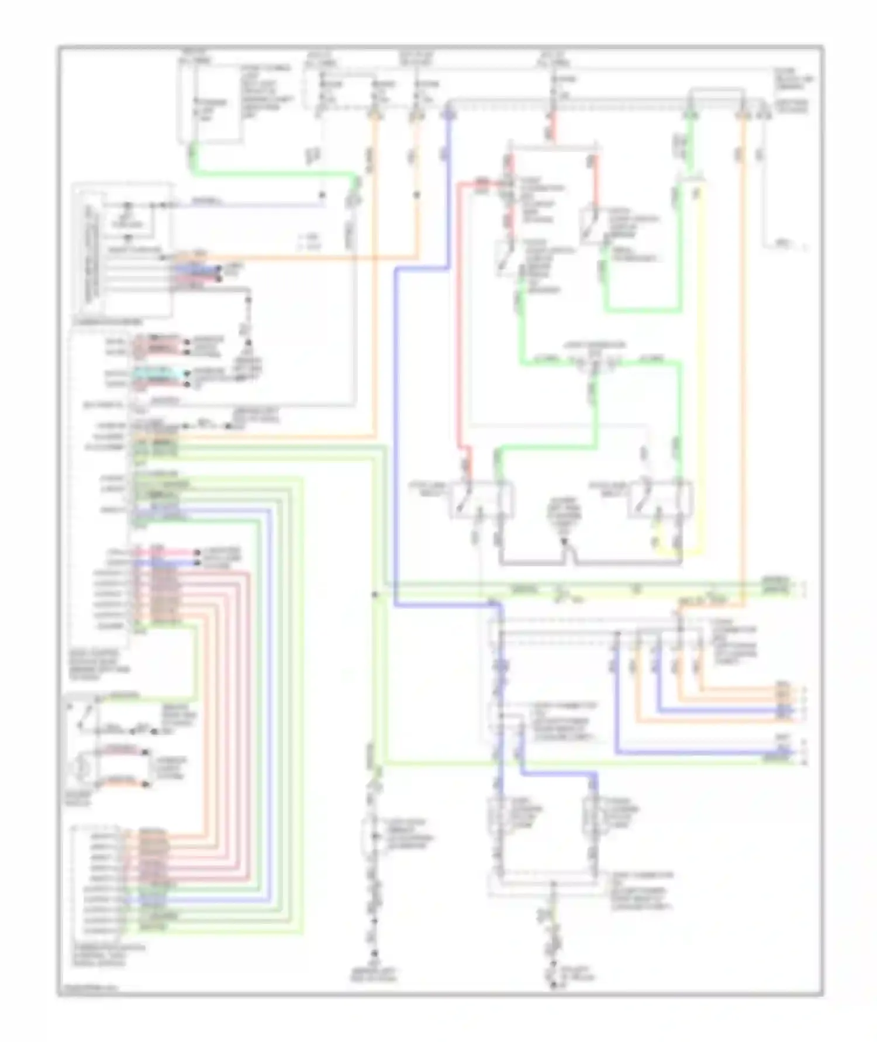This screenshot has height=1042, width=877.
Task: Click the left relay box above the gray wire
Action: click(482, 499)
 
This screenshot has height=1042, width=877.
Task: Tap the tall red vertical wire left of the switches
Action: click(459, 322)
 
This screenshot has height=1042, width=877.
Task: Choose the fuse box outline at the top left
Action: click(210, 102)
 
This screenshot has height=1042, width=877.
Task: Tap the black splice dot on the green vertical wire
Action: click(374, 595)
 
